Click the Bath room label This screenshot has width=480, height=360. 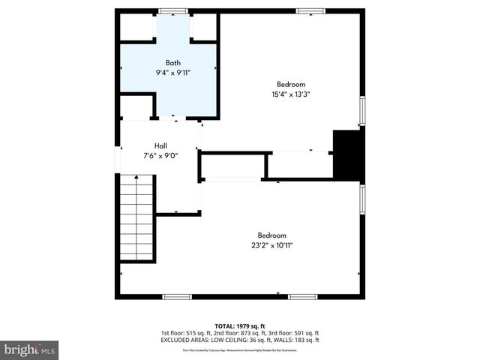[173, 62]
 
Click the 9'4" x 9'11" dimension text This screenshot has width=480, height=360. [173, 73]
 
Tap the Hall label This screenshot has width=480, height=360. [160, 145]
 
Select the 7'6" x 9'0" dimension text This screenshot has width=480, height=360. [160, 156]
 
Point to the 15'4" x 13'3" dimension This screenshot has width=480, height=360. [291, 94]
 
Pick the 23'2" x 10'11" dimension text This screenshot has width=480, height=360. [271, 245]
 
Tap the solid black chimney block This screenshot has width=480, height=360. [347, 153]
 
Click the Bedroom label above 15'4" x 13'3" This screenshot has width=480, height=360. [291, 84]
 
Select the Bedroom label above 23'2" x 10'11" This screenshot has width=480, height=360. [271, 235]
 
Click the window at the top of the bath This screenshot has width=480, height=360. [172, 10]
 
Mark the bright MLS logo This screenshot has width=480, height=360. [30, 349]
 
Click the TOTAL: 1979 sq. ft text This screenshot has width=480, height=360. [240, 325]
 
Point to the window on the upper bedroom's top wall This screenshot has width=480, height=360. [309, 10]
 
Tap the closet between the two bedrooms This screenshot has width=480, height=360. [299, 165]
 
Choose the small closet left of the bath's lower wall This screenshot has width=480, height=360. [136, 107]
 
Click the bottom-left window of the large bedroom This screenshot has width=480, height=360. [177, 297]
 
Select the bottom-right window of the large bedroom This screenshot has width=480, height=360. [302, 297]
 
